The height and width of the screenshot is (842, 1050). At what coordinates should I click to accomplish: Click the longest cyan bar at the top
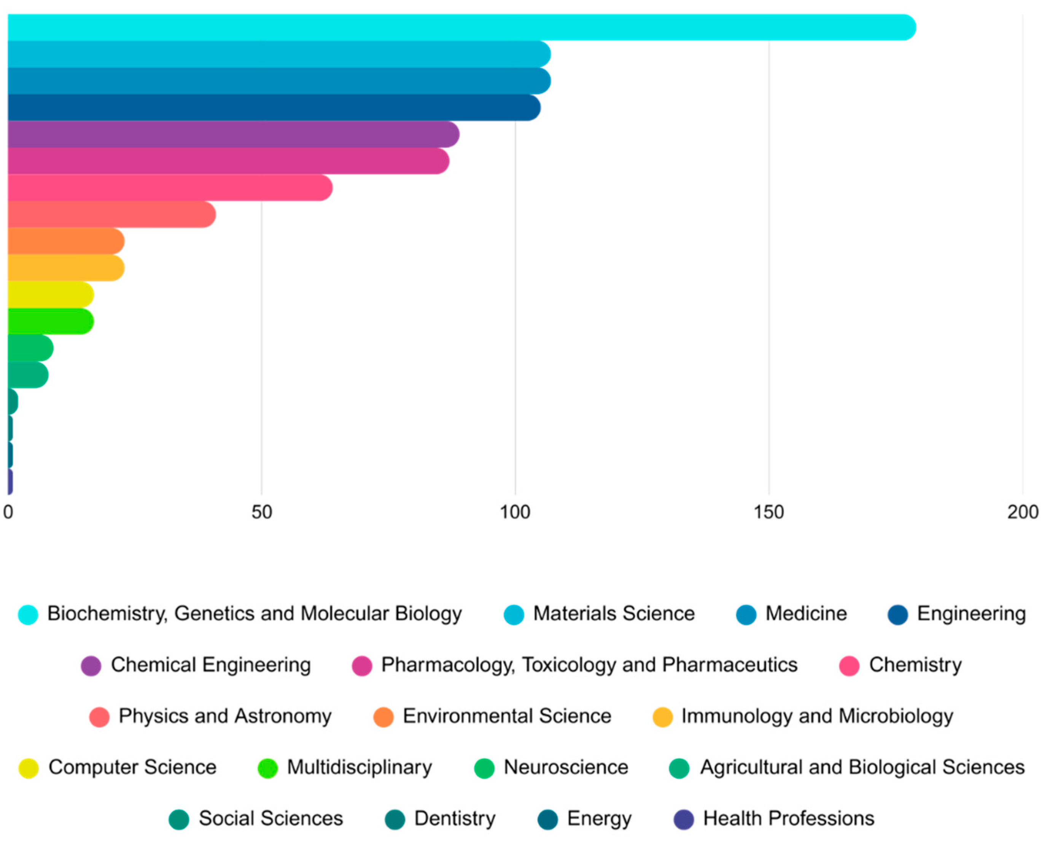point(458,27)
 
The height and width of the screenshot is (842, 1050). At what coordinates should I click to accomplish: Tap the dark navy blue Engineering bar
point(273,108)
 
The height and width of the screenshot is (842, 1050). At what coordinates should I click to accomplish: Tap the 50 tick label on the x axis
point(261,512)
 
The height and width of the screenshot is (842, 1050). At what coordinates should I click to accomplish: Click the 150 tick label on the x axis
point(768,512)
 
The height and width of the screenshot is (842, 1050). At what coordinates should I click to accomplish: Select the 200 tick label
point(1022,512)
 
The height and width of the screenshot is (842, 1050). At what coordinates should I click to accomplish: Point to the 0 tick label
point(8,512)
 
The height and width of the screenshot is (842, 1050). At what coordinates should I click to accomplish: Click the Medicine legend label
point(806,614)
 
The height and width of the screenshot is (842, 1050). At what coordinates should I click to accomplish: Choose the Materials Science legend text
point(614,614)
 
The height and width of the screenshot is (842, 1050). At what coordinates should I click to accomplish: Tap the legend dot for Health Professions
point(683,820)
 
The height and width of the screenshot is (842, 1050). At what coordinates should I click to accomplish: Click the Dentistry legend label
point(454,819)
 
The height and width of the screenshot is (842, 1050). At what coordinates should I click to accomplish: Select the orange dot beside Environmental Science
point(383,717)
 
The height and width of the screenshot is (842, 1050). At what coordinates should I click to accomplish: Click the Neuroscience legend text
point(565,768)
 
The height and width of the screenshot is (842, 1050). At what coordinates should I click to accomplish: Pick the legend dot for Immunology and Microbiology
point(662,717)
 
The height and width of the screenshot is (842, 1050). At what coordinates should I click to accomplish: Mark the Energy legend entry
point(599,819)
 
